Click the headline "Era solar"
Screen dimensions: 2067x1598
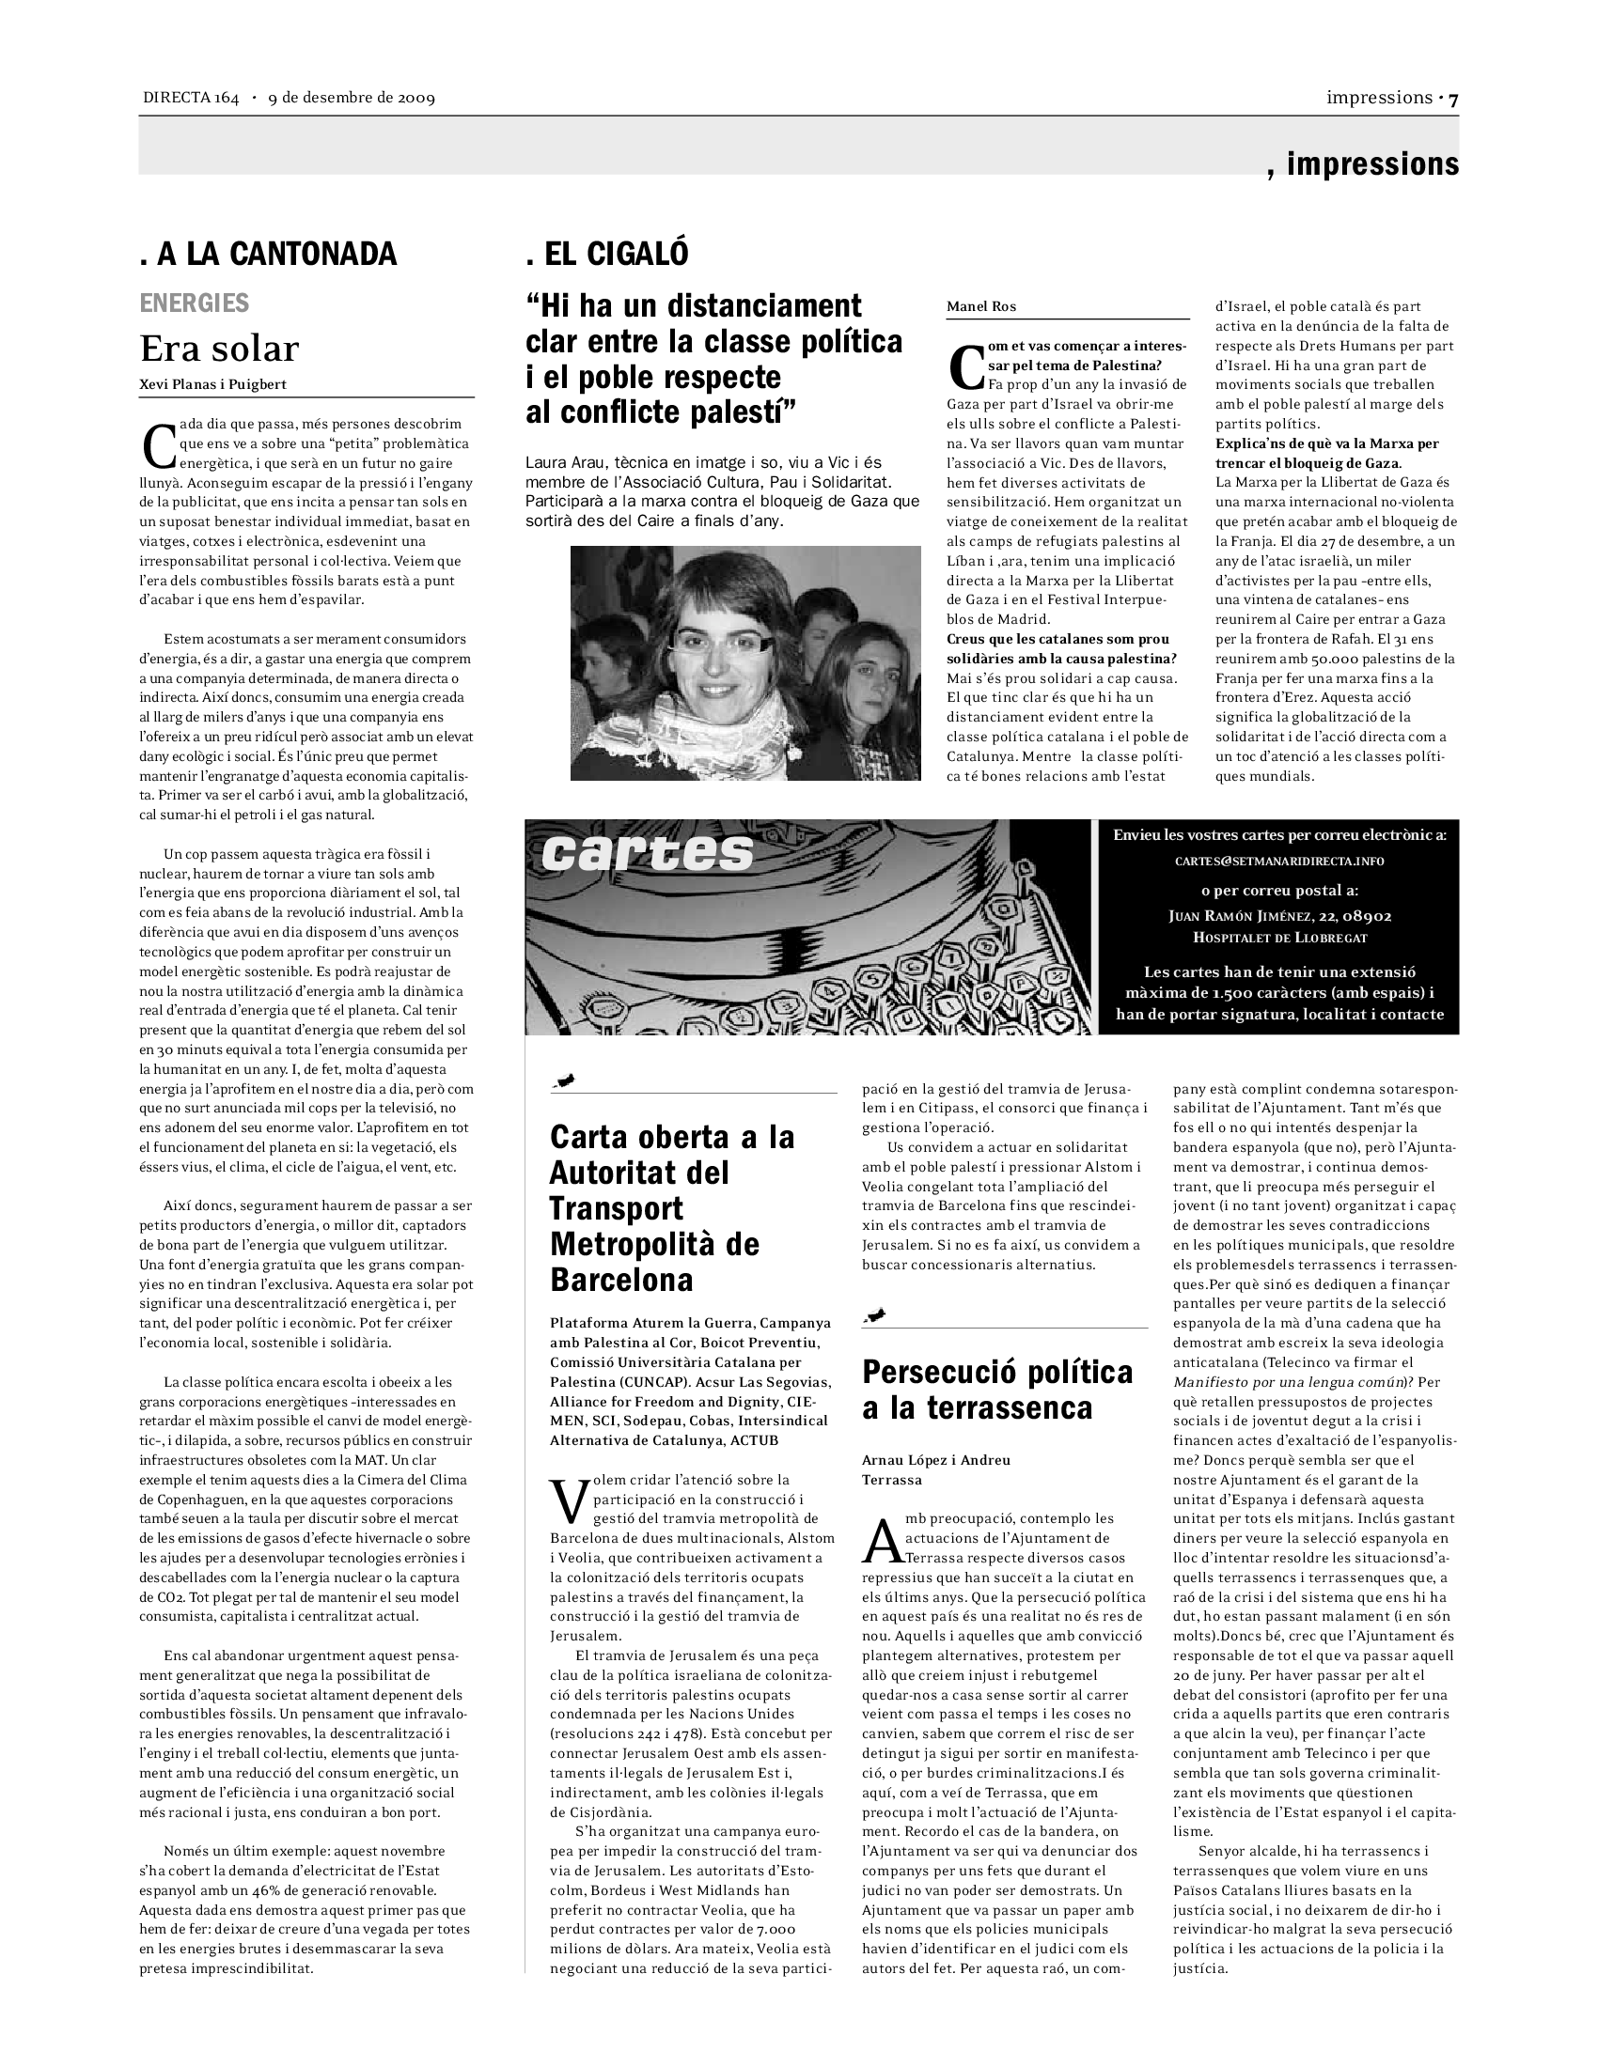pos(219,350)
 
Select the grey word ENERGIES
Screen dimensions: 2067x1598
pos(194,303)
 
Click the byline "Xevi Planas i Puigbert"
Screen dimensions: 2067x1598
pos(213,384)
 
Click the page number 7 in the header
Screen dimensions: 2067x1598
pos(1453,99)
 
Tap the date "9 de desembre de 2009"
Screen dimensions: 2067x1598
pos(352,99)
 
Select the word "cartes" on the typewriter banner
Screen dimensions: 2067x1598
pos(648,853)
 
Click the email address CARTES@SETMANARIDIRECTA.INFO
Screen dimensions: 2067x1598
pos(1279,862)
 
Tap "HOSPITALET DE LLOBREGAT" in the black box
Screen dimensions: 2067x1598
pos(1280,938)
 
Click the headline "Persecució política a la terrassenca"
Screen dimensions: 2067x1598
pos(996,1390)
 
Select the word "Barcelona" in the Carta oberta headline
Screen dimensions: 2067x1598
pos(621,1280)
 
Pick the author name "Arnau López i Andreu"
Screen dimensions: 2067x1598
pos(935,1459)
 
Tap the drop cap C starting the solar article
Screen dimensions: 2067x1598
pos(158,444)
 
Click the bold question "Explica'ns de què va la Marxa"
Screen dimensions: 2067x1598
pos(1326,443)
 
